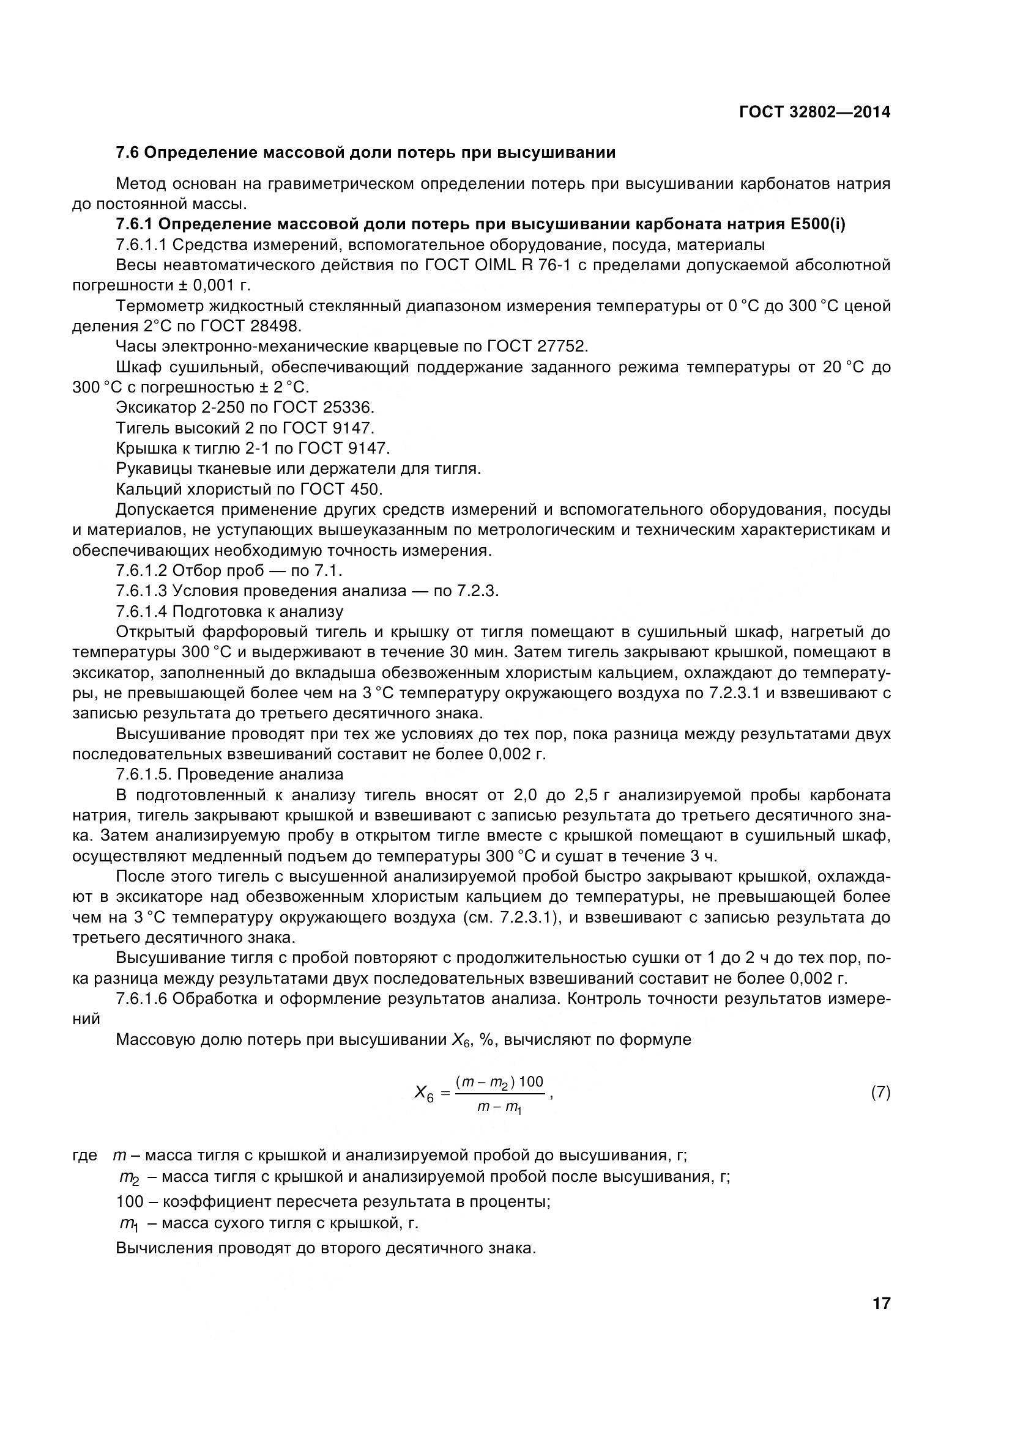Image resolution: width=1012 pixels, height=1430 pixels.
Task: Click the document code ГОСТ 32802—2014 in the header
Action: [x=814, y=112]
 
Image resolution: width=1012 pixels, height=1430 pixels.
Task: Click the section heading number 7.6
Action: [x=128, y=153]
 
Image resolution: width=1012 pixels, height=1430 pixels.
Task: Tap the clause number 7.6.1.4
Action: [x=141, y=611]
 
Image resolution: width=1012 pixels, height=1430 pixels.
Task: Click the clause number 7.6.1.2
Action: [x=141, y=570]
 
